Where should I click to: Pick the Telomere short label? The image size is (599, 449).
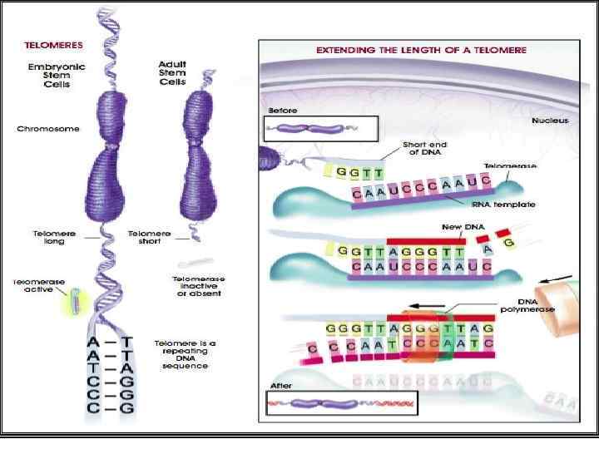point(150,238)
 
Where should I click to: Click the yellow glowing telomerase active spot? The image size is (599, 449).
point(73,302)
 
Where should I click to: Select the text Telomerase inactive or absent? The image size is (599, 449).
point(199,286)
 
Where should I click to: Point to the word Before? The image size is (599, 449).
point(282,110)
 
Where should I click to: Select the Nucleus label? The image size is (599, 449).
point(550,121)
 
